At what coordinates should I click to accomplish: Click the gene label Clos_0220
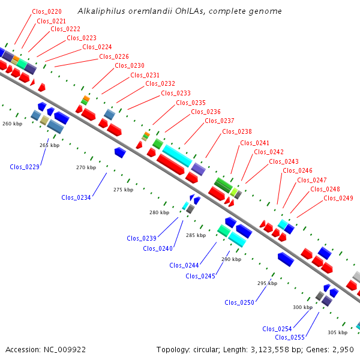47,12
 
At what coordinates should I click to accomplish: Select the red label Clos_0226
114,57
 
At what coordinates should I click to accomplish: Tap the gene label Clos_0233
176,93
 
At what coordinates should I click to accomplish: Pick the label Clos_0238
237,131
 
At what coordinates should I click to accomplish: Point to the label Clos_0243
284,161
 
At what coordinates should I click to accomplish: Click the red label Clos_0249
338,198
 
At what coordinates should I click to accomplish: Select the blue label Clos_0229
25,167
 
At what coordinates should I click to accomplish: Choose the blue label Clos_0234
76,197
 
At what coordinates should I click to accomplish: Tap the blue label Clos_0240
158,248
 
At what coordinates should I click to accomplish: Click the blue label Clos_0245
200,276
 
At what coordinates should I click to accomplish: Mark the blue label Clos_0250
239,302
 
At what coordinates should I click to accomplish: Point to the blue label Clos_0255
290,337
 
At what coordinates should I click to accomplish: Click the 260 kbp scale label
13,124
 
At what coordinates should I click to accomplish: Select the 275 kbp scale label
123,190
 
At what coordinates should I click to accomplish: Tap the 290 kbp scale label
232,259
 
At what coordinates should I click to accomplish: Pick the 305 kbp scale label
337,332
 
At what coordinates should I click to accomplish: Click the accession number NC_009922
65,350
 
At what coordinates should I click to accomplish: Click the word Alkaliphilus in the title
101,11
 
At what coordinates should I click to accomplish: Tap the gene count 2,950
343,350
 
